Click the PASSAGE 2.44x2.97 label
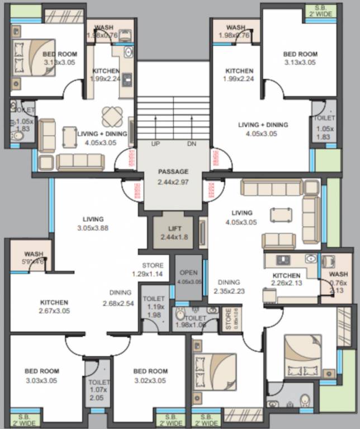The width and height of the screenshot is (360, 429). [x=173, y=177]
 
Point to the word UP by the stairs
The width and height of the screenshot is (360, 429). [x=156, y=144]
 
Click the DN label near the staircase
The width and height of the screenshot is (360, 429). [x=192, y=144]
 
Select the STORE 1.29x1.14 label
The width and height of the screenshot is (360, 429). [x=153, y=270]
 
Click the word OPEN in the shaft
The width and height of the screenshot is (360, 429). [x=189, y=273]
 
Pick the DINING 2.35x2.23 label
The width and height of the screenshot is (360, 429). [x=229, y=287]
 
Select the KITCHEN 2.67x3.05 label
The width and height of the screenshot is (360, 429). [x=54, y=307]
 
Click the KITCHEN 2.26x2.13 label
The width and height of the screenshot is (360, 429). [x=286, y=279]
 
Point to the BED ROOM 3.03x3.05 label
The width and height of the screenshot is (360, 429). [x=41, y=376]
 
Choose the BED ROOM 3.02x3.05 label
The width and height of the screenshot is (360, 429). [x=150, y=376]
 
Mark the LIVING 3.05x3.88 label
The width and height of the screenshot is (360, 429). [x=93, y=223]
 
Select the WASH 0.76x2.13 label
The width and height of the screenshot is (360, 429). [x=338, y=282]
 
